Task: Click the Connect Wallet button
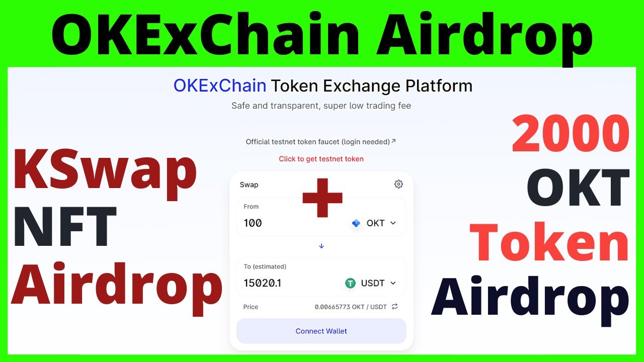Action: (x=321, y=331)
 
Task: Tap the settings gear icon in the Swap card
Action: (x=398, y=185)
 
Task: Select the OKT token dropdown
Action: (x=375, y=223)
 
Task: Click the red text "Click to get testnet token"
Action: (x=321, y=159)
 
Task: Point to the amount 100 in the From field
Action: (x=253, y=223)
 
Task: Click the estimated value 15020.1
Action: (x=262, y=283)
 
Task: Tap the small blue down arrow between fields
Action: (x=321, y=246)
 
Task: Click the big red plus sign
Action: (x=322, y=197)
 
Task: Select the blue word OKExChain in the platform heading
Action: (x=220, y=86)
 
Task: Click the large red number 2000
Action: (x=571, y=134)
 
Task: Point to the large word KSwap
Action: (x=104, y=170)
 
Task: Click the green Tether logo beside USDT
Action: (x=350, y=283)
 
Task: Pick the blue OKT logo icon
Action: (x=356, y=223)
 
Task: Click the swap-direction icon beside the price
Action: (x=395, y=307)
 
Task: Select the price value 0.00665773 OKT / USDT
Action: (x=351, y=307)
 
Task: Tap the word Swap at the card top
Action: (x=249, y=185)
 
